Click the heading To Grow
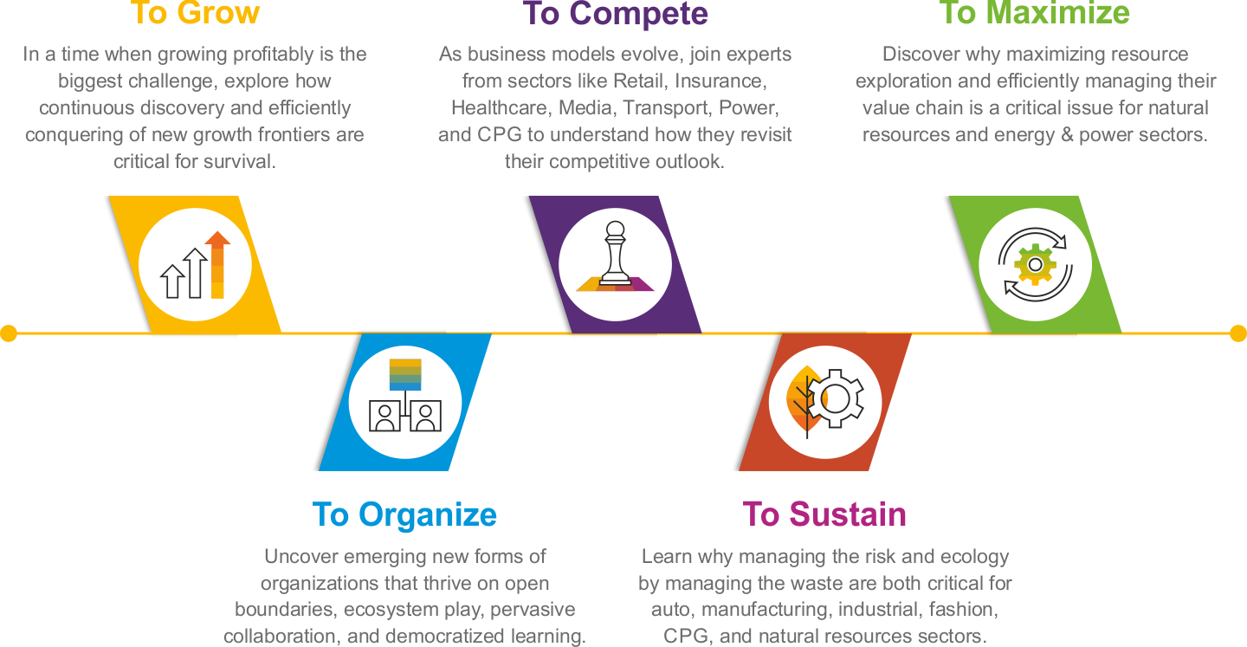(195, 13)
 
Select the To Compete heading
(615, 13)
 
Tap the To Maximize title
(1035, 13)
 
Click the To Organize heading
(404, 514)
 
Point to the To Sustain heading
(824, 514)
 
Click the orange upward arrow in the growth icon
(217, 264)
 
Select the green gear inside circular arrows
(1034, 264)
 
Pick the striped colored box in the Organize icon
(405, 374)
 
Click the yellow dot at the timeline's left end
(8, 333)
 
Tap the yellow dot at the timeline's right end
(1238, 333)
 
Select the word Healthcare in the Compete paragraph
(500, 108)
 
